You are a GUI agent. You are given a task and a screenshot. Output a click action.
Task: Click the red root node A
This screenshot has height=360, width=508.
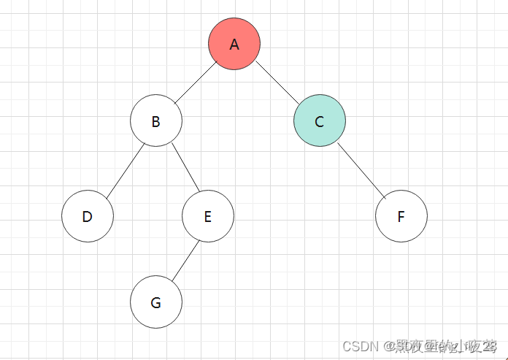tap(234, 44)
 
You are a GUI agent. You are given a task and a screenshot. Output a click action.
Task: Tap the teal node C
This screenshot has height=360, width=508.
tap(319, 121)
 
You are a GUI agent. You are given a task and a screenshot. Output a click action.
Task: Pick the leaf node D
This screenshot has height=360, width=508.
tap(88, 216)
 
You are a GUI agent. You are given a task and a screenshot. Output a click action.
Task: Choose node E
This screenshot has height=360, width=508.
tap(207, 216)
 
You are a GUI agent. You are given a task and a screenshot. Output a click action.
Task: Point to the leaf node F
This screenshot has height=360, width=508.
tap(401, 216)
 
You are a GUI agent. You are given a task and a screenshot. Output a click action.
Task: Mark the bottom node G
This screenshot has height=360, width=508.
tap(155, 302)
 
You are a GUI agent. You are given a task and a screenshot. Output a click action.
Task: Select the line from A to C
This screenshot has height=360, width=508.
tap(277, 83)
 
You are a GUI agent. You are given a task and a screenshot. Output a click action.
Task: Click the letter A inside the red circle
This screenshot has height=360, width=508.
tap(234, 45)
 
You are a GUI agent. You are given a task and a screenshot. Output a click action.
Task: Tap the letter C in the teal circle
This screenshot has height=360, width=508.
tap(319, 122)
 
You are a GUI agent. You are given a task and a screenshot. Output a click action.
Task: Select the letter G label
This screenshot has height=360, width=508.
tap(155, 303)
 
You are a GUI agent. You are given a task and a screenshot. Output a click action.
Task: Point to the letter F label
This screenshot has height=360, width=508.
tap(401, 217)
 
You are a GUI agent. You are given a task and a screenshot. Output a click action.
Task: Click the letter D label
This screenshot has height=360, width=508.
tap(88, 217)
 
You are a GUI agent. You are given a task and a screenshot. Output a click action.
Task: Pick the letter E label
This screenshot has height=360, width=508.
tap(207, 217)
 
